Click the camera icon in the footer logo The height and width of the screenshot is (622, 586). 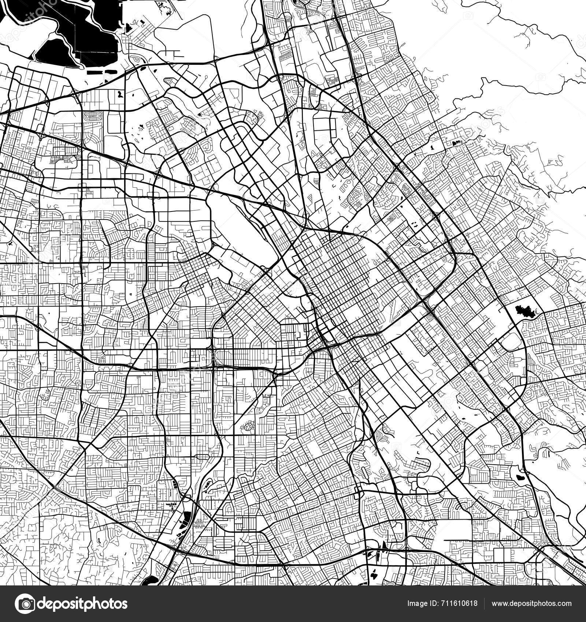click(26, 603)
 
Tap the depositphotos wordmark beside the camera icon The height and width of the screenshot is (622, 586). click(82, 603)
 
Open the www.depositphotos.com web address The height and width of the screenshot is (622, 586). click(531, 603)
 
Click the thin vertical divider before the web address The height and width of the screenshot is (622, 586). click(485, 603)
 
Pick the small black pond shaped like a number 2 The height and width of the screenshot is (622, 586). click(120, 94)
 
